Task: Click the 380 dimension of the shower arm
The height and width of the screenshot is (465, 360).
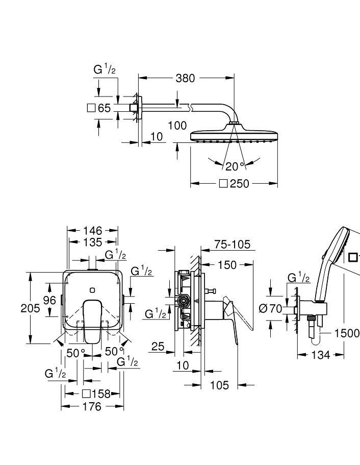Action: tap(185, 78)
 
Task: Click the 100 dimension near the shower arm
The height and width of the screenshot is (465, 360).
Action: tap(177, 125)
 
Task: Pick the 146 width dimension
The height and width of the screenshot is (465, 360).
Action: tap(92, 231)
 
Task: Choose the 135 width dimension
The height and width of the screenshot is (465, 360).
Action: tap(92, 242)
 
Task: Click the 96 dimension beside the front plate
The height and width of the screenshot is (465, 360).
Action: tap(49, 300)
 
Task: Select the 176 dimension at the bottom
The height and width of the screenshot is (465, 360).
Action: tap(92, 406)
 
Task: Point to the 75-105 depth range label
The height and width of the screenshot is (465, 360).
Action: tap(233, 244)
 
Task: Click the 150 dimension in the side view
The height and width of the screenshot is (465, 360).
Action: tap(227, 264)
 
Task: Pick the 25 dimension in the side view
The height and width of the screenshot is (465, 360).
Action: tap(158, 347)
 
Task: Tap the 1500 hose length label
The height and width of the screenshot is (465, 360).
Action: tap(347, 333)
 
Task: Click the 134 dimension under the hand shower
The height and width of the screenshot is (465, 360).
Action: tap(320, 355)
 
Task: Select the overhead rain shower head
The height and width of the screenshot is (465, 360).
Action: tap(234, 135)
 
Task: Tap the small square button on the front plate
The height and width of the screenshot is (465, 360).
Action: tap(92, 290)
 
